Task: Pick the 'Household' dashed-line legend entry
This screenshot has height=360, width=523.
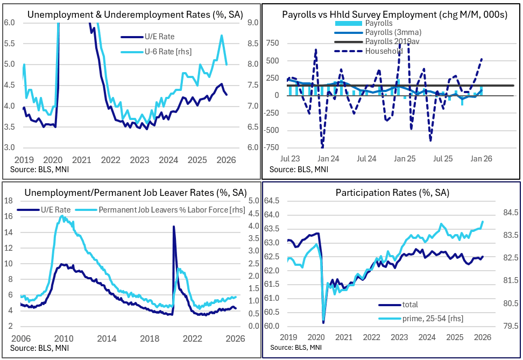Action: pos(384,51)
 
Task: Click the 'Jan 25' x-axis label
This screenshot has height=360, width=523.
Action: pos(404,159)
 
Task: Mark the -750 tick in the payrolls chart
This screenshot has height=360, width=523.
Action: pos(274,147)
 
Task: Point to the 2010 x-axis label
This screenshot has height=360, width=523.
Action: pos(64,338)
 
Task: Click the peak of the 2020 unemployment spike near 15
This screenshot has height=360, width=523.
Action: pos(173,227)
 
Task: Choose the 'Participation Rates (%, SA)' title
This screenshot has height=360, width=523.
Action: pos(392,192)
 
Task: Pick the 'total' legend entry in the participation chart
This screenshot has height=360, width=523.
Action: pos(410,305)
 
